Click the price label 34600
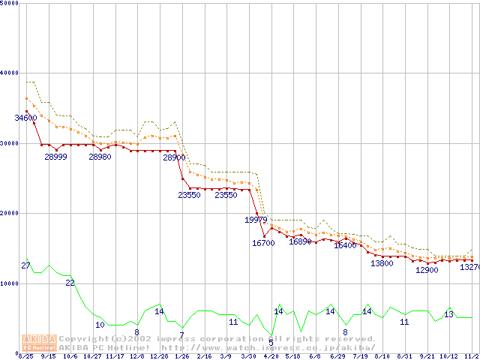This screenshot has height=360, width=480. tap(25, 118)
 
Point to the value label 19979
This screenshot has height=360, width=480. tap(256, 220)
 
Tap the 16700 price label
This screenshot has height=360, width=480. tap(263, 243)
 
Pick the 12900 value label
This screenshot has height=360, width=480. tap(427, 270)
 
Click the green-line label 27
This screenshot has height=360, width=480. tap(25, 266)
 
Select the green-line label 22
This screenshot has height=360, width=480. tap(70, 283)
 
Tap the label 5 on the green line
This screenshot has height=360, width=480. tap(271, 342)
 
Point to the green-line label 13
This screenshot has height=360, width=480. tap(448, 314)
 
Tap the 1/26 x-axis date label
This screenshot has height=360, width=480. tap(181, 356)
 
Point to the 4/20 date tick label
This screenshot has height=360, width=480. tap(270, 356)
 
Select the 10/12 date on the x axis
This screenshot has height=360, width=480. tap(448, 356)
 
